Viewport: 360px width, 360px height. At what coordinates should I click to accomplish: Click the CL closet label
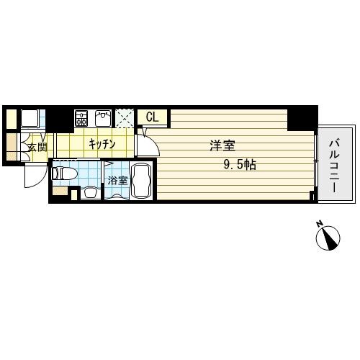pyautogui.click(x=153, y=117)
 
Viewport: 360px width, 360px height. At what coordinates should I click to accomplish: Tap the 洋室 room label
pyautogui.click(x=222, y=145)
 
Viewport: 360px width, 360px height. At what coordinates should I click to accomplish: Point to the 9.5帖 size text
pyautogui.click(x=240, y=165)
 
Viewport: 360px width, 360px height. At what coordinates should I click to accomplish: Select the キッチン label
pyautogui.click(x=102, y=144)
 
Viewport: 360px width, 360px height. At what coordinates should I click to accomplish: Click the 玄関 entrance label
pyautogui.click(x=37, y=147)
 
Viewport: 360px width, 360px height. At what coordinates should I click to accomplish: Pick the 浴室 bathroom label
pyautogui.click(x=117, y=181)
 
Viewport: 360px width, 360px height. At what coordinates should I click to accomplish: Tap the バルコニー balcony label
pyautogui.click(x=335, y=166)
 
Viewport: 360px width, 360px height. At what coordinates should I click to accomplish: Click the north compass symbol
pyautogui.click(x=328, y=238)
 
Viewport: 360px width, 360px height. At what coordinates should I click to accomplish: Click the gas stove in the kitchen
pyautogui.click(x=81, y=118)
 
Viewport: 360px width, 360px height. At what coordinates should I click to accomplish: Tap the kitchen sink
pyautogui.click(x=103, y=118)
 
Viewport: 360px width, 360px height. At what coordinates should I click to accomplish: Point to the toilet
pyautogui.click(x=64, y=174)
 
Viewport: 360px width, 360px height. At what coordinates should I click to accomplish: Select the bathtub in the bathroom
pyautogui.click(x=141, y=181)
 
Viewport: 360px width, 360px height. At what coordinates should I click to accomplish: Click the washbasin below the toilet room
pyautogui.click(x=91, y=192)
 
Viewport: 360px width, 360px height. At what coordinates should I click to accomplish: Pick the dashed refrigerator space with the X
pyautogui.click(x=125, y=119)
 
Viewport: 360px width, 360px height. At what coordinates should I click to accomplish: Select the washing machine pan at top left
pyautogui.click(x=30, y=118)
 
